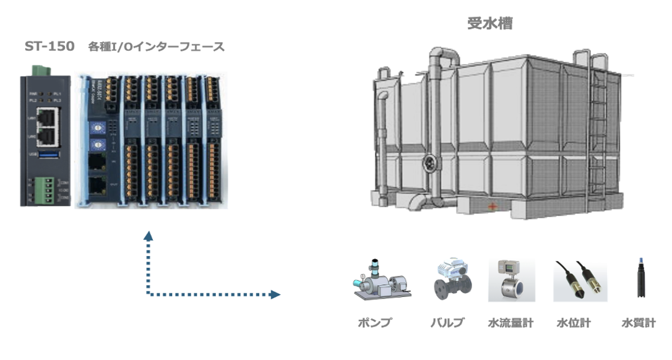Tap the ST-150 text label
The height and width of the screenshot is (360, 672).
pos(50,46)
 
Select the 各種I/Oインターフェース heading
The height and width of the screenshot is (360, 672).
pos(156,47)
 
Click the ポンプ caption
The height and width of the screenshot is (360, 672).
pos(375,323)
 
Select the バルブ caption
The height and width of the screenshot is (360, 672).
pos(447,323)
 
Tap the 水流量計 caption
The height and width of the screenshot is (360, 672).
pos(510,323)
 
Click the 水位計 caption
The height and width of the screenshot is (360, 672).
pos(574,323)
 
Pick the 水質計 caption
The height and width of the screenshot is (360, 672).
pos(638,323)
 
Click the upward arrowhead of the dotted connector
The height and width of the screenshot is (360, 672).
pos(148,235)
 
